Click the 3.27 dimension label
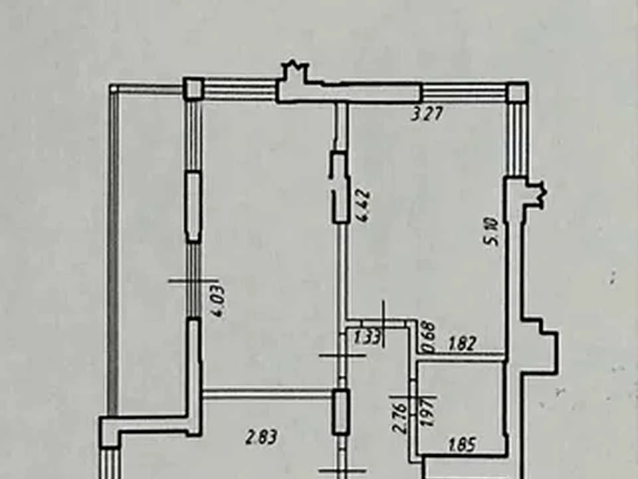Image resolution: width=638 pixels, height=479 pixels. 427,114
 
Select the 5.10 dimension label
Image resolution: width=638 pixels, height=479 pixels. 492,232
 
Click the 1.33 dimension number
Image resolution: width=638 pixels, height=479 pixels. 368,337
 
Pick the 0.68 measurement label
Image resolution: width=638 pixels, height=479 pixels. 430,337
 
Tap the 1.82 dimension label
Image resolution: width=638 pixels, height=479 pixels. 463,344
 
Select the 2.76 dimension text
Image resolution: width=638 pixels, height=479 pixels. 399,418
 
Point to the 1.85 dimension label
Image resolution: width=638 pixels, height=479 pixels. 463,444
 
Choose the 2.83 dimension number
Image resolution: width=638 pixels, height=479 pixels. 263,437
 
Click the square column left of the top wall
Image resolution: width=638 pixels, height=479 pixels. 193,88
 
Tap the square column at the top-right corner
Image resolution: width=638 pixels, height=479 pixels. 518,92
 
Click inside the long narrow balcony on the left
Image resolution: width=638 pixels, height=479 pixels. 151,253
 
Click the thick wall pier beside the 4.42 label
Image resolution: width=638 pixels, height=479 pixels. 340,188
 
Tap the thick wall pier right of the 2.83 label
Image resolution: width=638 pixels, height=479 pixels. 340,412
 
